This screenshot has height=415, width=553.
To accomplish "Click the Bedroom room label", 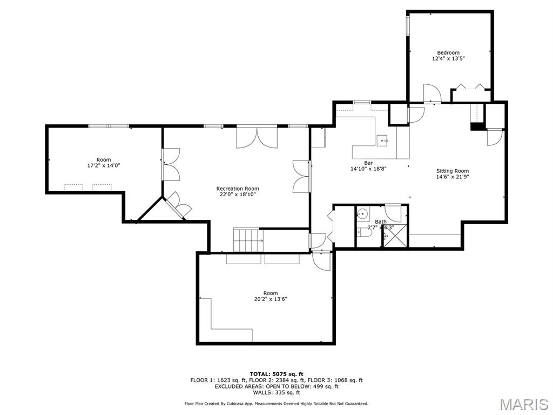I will tap(448, 52).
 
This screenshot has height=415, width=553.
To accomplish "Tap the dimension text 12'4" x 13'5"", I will tap(448, 58).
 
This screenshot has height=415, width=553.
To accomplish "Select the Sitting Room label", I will tap(453, 171).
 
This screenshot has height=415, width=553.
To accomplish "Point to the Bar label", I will tap(368, 163).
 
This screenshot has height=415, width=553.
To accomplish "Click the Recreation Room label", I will tap(238, 189).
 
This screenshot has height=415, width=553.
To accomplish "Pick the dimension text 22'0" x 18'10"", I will tap(238, 195).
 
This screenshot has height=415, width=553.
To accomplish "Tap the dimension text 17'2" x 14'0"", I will tap(104, 165).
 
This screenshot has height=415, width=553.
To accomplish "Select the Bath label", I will tap(381, 222).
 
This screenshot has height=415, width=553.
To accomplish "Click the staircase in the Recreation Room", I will tap(247, 239).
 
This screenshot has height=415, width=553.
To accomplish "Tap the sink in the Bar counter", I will tap(383, 140).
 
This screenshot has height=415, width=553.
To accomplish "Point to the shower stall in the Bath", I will tap(394, 236).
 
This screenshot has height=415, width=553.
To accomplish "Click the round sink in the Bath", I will tap(362, 214).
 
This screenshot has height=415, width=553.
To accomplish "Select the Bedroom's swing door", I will tap(432, 93).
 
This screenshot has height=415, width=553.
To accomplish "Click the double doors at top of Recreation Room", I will tap(257, 137).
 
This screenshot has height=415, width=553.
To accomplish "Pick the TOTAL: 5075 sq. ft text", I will tap(276, 374).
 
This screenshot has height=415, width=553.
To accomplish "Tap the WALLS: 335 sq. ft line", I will tap(276, 393).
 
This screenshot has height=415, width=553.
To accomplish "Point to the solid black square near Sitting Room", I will tap(477, 127).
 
